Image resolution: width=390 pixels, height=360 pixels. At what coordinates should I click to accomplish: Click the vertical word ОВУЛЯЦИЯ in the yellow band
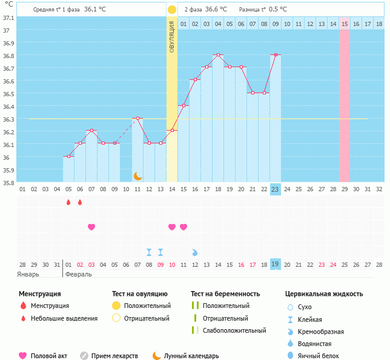click(x=172, y=36)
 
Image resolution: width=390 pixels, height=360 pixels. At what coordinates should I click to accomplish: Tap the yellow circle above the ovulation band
click(x=172, y=10)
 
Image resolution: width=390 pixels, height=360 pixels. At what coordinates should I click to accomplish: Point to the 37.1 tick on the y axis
click(x=8, y=18)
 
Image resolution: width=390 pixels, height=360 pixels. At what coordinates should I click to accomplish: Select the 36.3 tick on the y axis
click(x=8, y=119)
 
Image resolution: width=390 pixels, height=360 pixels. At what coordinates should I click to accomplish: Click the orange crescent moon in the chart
click(x=138, y=176)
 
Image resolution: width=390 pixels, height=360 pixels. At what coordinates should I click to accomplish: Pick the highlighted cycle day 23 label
click(x=275, y=189)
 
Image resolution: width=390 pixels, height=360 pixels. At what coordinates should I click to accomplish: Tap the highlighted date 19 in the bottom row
click(x=275, y=264)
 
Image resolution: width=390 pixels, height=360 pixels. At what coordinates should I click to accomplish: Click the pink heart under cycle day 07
click(x=91, y=227)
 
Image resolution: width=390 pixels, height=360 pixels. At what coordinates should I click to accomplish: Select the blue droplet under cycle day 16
click(x=195, y=252)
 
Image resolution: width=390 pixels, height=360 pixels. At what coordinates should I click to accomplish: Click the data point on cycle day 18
click(x=218, y=55)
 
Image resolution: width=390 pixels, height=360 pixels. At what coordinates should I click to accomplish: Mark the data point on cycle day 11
click(x=138, y=119)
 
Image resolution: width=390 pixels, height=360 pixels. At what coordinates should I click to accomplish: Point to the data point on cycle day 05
click(x=68, y=157)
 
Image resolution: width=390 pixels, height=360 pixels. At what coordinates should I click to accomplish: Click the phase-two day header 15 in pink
click(x=344, y=24)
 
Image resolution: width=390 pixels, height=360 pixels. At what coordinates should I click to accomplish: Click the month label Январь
click(x=28, y=274)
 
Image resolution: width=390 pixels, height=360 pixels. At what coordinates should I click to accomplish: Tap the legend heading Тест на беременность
click(x=225, y=294)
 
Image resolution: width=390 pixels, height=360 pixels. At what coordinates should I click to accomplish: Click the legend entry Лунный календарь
click(x=192, y=356)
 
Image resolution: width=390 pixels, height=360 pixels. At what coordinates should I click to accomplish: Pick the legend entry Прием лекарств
click(x=114, y=356)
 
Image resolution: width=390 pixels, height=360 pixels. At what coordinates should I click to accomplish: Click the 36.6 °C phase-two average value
click(x=216, y=10)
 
